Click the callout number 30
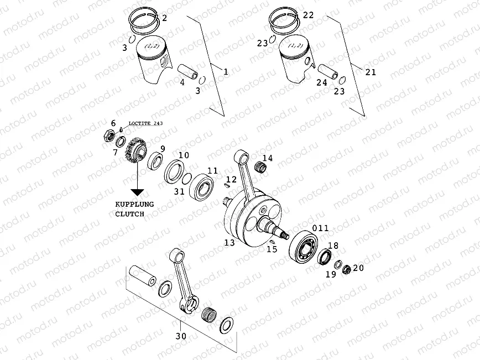point(180,335)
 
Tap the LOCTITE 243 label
point(145,123)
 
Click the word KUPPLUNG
point(134,204)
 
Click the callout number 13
point(229,243)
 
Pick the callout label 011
point(321,228)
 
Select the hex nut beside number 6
point(109,134)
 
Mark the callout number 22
point(308,15)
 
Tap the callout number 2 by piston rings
point(164,18)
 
